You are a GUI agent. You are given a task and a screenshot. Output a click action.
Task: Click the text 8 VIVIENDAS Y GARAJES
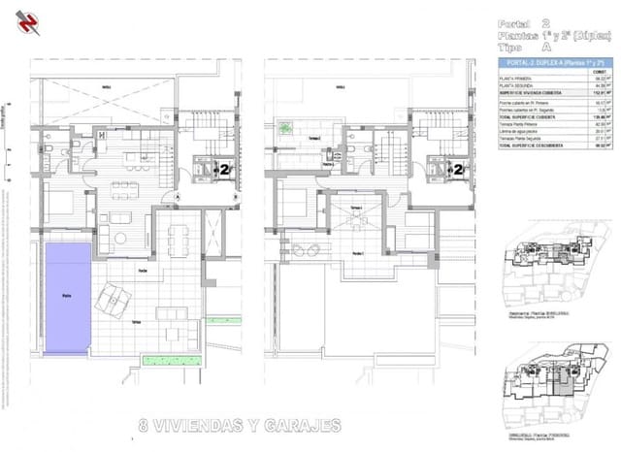pos(240,425)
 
